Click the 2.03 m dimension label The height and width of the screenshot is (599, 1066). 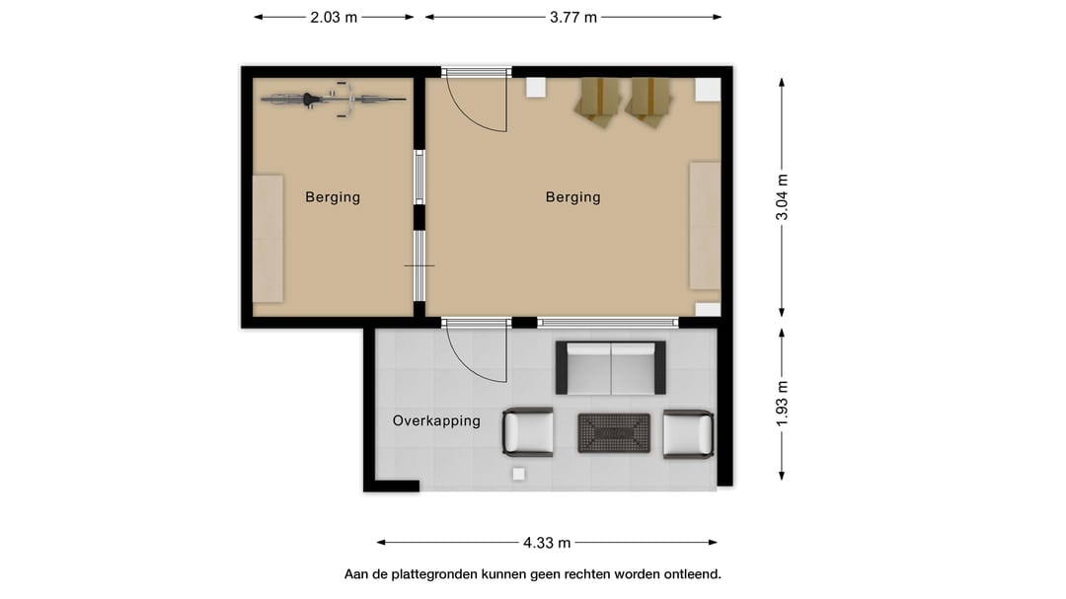click(x=334, y=18)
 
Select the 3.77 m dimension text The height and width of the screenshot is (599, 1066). click(x=573, y=18)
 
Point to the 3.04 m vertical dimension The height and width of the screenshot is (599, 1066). click(x=782, y=197)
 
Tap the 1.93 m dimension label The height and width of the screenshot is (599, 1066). click(x=782, y=404)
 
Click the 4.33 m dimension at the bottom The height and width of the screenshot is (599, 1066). click(x=547, y=543)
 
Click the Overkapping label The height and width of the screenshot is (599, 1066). click(x=436, y=420)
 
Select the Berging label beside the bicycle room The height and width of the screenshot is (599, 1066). click(x=333, y=197)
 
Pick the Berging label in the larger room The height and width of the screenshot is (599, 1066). click(x=573, y=197)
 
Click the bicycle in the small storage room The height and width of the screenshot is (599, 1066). click(x=334, y=100)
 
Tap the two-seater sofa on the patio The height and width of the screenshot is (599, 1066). click(x=611, y=368)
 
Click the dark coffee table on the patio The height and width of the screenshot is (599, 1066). click(x=614, y=433)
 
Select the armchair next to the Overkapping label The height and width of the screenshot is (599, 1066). click(x=527, y=432)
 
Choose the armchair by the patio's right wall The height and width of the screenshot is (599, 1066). click(x=688, y=433)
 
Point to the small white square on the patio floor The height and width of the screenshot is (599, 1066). click(x=519, y=475)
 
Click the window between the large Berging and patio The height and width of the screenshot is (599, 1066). click(x=608, y=323)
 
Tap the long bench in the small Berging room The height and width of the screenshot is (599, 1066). click(x=267, y=239)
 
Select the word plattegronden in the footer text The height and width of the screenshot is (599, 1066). click(x=433, y=574)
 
